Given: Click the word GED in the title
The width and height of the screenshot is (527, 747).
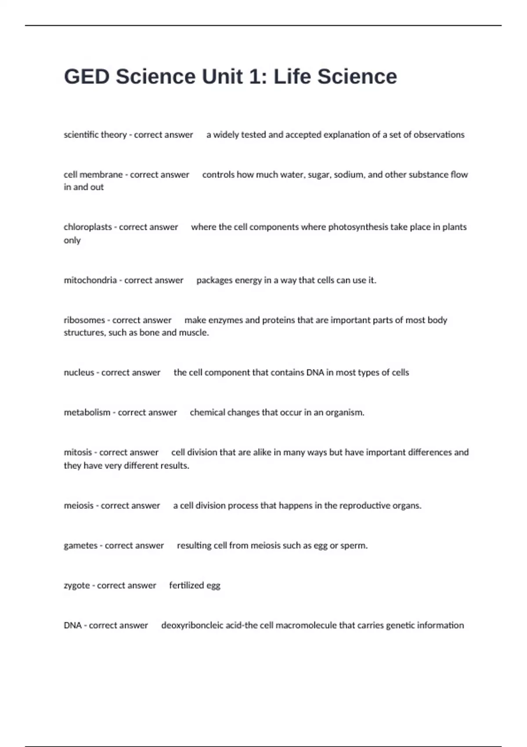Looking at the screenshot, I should click(87, 76).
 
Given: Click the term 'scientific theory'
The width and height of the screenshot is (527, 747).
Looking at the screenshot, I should click(95, 135).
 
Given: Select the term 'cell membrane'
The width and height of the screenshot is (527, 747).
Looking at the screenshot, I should click(93, 175).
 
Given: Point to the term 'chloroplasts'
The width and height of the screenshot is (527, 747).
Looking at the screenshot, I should click(88, 227).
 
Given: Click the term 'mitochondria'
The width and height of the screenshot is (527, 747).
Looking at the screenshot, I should click(90, 280).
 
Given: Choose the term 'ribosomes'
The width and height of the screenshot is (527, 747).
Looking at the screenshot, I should click(84, 320).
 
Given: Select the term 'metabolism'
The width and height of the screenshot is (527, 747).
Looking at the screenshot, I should click(87, 413).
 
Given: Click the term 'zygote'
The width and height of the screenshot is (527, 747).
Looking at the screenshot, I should click(77, 586).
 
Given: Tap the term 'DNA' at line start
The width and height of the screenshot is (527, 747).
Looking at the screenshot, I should click(72, 625).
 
